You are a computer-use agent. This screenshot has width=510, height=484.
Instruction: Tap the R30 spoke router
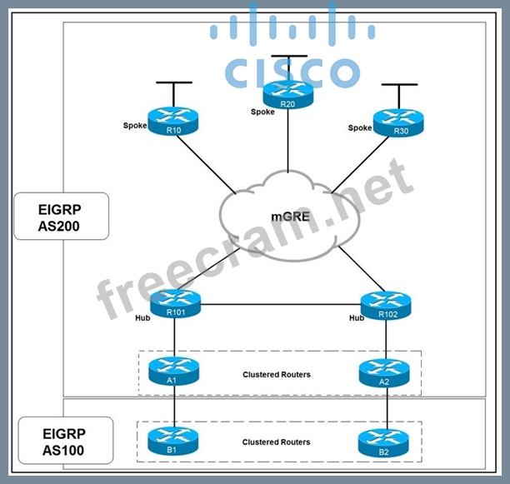tap(397, 123)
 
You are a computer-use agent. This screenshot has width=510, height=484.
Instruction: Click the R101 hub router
tap(174, 305)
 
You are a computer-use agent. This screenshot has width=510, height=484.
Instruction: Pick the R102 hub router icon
tap(386, 305)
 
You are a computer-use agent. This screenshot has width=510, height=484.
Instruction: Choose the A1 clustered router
tap(174, 371)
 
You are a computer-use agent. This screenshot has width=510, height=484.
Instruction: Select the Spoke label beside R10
tap(134, 127)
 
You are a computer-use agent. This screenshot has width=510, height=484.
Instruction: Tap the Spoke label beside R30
tap(359, 127)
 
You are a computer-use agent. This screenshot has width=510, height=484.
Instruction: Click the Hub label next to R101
tap(142, 317)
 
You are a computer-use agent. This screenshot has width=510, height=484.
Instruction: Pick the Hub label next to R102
tap(357, 317)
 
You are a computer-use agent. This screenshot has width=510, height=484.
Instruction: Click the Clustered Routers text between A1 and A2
tap(276, 375)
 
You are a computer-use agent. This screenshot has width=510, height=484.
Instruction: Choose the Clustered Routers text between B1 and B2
tap(276, 442)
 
